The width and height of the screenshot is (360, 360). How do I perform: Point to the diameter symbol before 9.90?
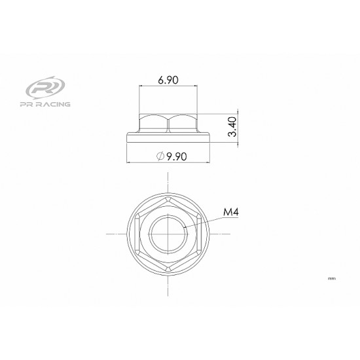coord(160,155)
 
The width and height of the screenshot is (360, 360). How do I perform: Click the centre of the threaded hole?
coord(168,233)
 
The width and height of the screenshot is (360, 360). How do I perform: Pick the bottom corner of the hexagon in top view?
coord(168,269)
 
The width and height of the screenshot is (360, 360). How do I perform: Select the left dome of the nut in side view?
coord(154,121)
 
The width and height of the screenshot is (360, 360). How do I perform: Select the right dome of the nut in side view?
coord(183,121)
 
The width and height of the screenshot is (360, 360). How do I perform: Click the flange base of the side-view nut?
coord(168,135)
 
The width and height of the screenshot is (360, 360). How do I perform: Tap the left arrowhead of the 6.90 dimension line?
coord(142,88)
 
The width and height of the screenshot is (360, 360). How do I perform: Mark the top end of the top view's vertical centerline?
coord(168,173)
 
